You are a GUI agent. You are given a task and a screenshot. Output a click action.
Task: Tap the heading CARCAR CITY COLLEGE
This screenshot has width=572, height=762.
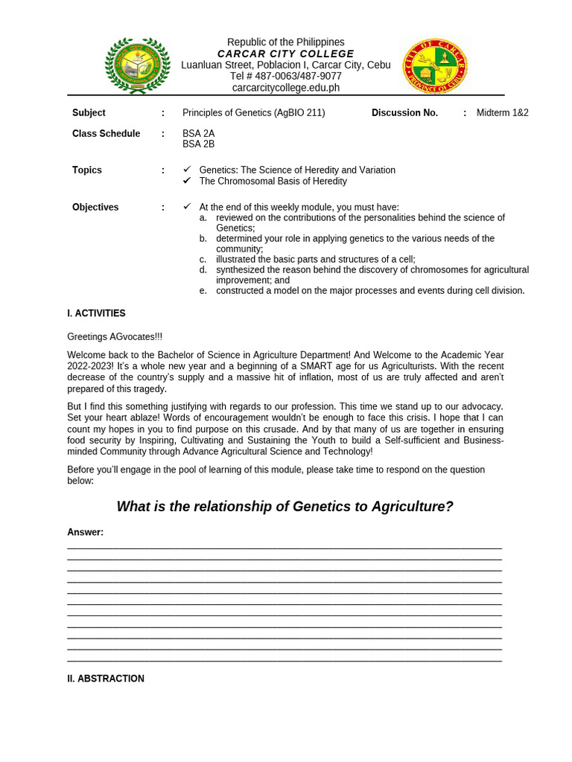[285, 54]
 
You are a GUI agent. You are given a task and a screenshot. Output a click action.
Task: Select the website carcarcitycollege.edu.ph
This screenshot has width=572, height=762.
[285, 88]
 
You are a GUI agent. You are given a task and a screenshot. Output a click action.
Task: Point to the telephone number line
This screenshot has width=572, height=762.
[285, 76]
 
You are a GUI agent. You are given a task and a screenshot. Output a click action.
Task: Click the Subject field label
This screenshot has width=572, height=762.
[89, 113]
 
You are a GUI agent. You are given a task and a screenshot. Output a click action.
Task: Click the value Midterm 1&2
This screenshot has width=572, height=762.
[502, 113]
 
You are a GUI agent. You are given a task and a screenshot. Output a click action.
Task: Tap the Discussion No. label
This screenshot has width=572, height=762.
[404, 113]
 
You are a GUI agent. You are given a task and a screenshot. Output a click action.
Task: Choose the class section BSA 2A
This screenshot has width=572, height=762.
[198, 134]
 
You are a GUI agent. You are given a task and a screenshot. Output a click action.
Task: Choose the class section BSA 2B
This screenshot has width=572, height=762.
[198, 144]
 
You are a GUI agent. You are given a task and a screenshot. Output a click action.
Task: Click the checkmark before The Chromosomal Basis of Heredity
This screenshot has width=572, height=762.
[187, 181]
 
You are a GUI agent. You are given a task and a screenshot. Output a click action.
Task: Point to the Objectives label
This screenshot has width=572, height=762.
[95, 208]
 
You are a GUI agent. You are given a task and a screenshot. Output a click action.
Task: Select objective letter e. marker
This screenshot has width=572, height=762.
[203, 291]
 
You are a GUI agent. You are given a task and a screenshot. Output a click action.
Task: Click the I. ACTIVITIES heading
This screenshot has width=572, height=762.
[96, 314]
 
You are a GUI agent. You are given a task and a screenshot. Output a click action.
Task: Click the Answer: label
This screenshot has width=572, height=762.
[85, 533]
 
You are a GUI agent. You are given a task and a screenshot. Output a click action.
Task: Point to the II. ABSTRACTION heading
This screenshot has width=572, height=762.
[106, 679]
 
